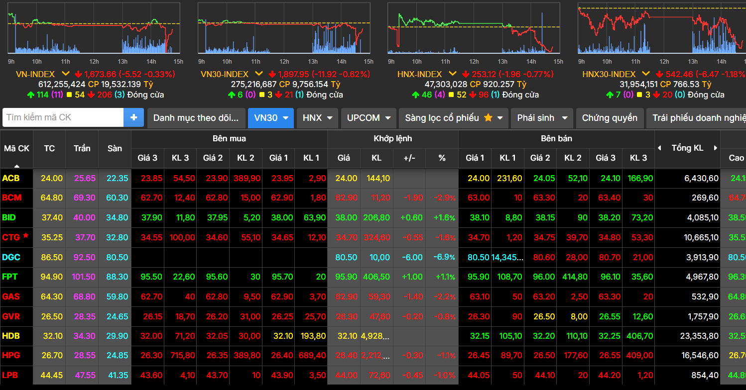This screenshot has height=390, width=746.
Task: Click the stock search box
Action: pyautogui.click(x=63, y=118)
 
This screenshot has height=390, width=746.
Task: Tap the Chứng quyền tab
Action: pyautogui.click(x=610, y=118)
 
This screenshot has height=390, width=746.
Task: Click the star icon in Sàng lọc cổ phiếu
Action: pyautogui.click(x=488, y=118)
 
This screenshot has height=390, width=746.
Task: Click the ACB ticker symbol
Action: pyautogui.click(x=11, y=178)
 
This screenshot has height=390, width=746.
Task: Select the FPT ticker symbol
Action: pyautogui.click(x=10, y=277)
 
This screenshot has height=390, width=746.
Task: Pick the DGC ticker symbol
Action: pyautogui.click(x=11, y=257)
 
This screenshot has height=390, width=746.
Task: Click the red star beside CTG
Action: pyautogui.click(x=26, y=236)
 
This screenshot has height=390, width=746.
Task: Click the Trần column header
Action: pyautogui.click(x=82, y=148)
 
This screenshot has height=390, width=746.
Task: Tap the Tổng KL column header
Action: pyautogui.click(x=687, y=148)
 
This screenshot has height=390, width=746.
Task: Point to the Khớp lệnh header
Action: pyautogui.click(x=393, y=138)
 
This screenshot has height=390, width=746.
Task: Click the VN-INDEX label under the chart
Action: pyautogui.click(x=35, y=74)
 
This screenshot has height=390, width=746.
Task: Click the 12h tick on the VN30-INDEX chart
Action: pyautogui.click(x=284, y=62)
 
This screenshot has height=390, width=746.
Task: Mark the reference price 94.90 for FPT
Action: pyautogui.click(x=52, y=277)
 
